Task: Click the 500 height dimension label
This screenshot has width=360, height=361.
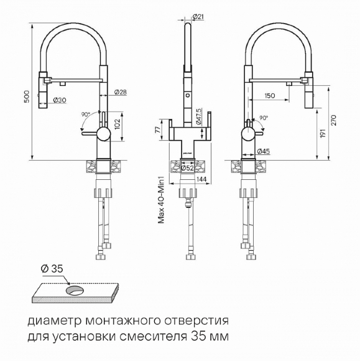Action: point(26,97)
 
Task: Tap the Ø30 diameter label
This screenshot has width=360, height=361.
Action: point(60,100)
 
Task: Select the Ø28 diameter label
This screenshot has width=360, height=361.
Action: point(121,92)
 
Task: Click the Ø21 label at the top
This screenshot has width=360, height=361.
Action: point(191,17)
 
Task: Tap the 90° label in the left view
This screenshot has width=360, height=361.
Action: point(85,115)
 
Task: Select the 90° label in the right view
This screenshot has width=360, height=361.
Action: point(264,118)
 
